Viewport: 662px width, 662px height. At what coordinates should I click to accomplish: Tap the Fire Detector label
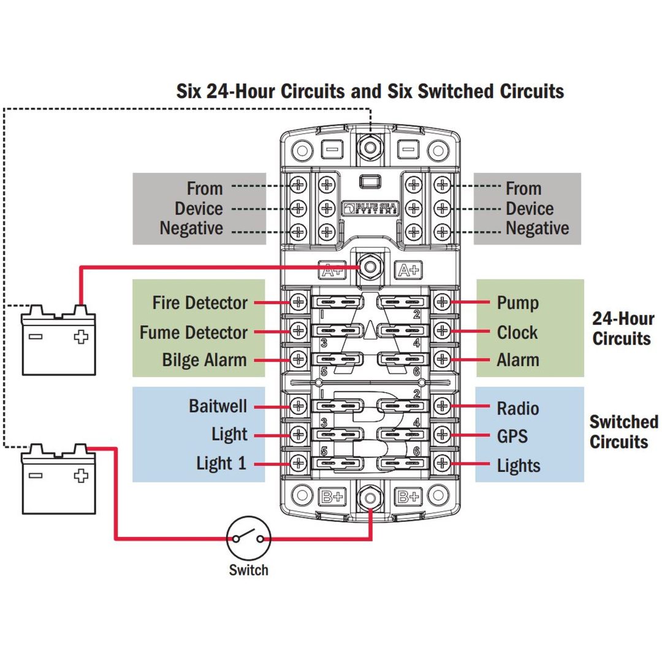200,303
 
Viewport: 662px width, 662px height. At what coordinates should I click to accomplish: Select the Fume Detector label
193,332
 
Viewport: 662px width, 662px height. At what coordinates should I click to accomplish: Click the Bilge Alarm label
204,360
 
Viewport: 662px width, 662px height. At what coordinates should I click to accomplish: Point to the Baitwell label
218,406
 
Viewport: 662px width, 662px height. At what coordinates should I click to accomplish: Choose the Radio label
517,408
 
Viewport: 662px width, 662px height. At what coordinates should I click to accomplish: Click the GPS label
512,436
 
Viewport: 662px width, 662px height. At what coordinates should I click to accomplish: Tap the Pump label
517,303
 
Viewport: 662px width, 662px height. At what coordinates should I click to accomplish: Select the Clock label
517,332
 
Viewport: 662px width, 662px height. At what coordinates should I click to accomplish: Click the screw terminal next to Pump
442,302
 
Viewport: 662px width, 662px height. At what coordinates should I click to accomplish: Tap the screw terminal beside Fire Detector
299,302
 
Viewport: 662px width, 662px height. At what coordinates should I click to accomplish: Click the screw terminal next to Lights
442,463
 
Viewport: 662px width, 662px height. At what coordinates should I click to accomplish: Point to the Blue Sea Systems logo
370,208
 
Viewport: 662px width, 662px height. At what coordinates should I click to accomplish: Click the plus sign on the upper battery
81,337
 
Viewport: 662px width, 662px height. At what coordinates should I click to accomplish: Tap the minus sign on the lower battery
36,476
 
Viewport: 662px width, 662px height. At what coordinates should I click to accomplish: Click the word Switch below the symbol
248,570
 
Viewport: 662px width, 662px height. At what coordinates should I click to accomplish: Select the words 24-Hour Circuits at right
623,329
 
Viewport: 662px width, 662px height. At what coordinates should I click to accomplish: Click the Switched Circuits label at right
623,432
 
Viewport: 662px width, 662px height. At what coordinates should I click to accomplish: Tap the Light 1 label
221,463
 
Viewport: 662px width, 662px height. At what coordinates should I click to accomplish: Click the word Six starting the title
189,91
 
